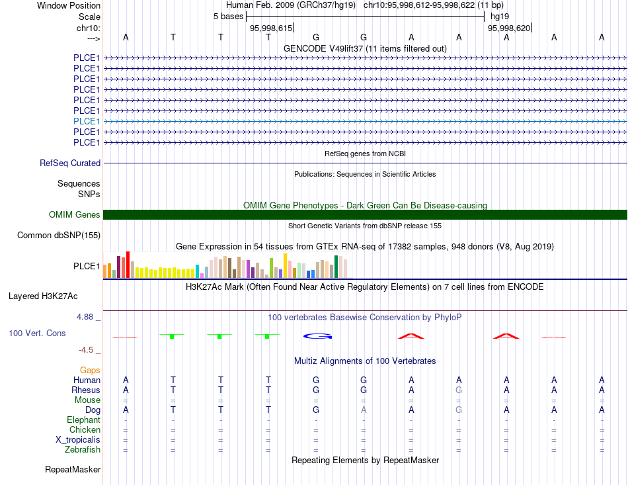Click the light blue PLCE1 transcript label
point(87,122)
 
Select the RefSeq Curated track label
point(70,163)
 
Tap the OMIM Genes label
point(75,215)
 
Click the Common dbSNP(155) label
point(59,236)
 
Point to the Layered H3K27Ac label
point(43,296)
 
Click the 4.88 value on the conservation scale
point(85,317)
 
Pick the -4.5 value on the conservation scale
point(86,350)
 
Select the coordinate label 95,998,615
point(271,28)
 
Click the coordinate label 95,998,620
point(508,28)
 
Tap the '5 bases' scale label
point(228,17)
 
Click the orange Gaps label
point(90,371)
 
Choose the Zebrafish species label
point(83,450)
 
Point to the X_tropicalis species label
point(78,440)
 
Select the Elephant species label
point(83,420)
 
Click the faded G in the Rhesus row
point(459,390)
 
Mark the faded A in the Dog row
point(364,410)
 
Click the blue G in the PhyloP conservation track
point(317,336)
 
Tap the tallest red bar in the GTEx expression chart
point(128,265)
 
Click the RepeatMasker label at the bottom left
point(73,470)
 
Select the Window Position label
point(69,5)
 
